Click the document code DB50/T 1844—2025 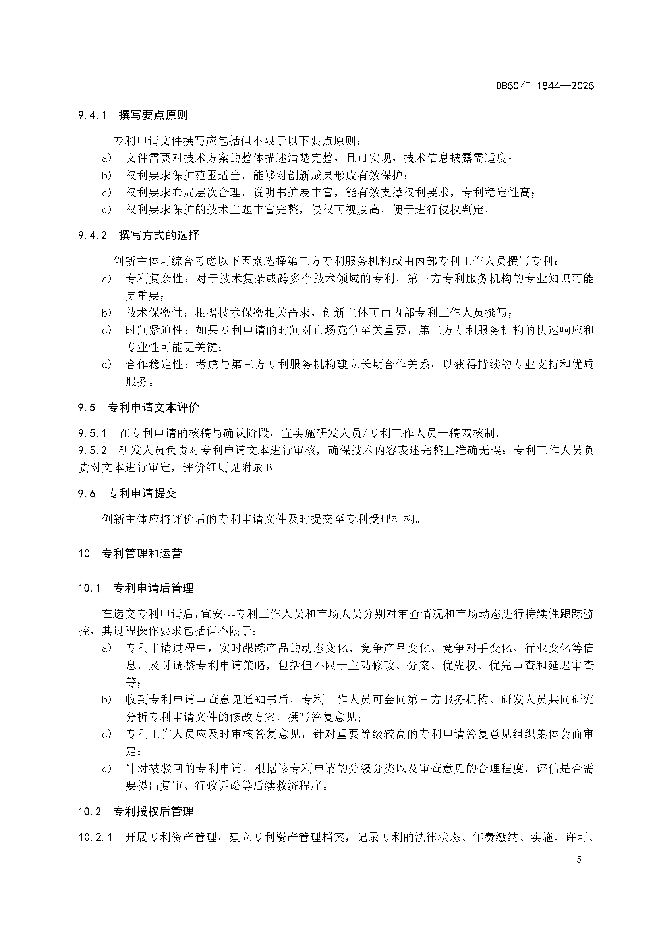point(545,86)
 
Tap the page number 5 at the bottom point(578,870)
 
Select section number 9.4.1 point(92,115)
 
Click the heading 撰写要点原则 point(153,115)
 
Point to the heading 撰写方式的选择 point(159,235)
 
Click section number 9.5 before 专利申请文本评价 point(87,407)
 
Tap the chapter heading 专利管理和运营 point(141,553)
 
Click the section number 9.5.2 point(92,450)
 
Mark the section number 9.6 point(87,493)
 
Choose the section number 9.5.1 point(92,433)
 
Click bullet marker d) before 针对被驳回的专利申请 point(106,769)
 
